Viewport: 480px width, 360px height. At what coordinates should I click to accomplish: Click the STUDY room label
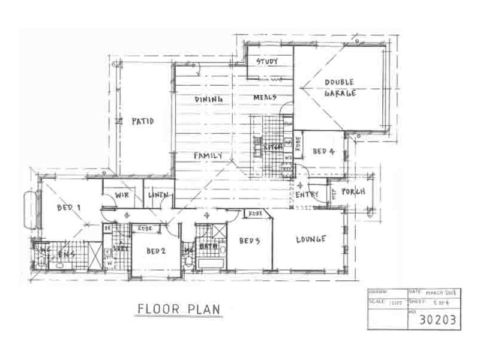click(266, 62)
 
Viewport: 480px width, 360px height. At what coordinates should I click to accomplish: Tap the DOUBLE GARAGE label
click(340, 88)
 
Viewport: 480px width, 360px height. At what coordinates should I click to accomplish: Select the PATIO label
click(143, 121)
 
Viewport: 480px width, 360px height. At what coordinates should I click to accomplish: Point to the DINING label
click(209, 98)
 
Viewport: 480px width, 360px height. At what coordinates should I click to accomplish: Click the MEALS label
click(264, 97)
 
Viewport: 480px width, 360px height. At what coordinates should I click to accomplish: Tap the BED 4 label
click(325, 151)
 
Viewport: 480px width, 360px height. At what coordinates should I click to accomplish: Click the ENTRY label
click(306, 195)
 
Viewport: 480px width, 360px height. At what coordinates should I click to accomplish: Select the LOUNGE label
click(311, 239)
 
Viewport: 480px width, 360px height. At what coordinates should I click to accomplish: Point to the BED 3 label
click(249, 241)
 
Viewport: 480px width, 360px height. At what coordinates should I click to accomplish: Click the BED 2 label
click(155, 251)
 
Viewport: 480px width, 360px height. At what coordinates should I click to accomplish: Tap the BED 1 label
click(68, 208)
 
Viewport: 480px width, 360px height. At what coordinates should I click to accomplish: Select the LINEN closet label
click(158, 195)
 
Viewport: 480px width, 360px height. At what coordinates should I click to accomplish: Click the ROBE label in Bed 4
click(298, 143)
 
